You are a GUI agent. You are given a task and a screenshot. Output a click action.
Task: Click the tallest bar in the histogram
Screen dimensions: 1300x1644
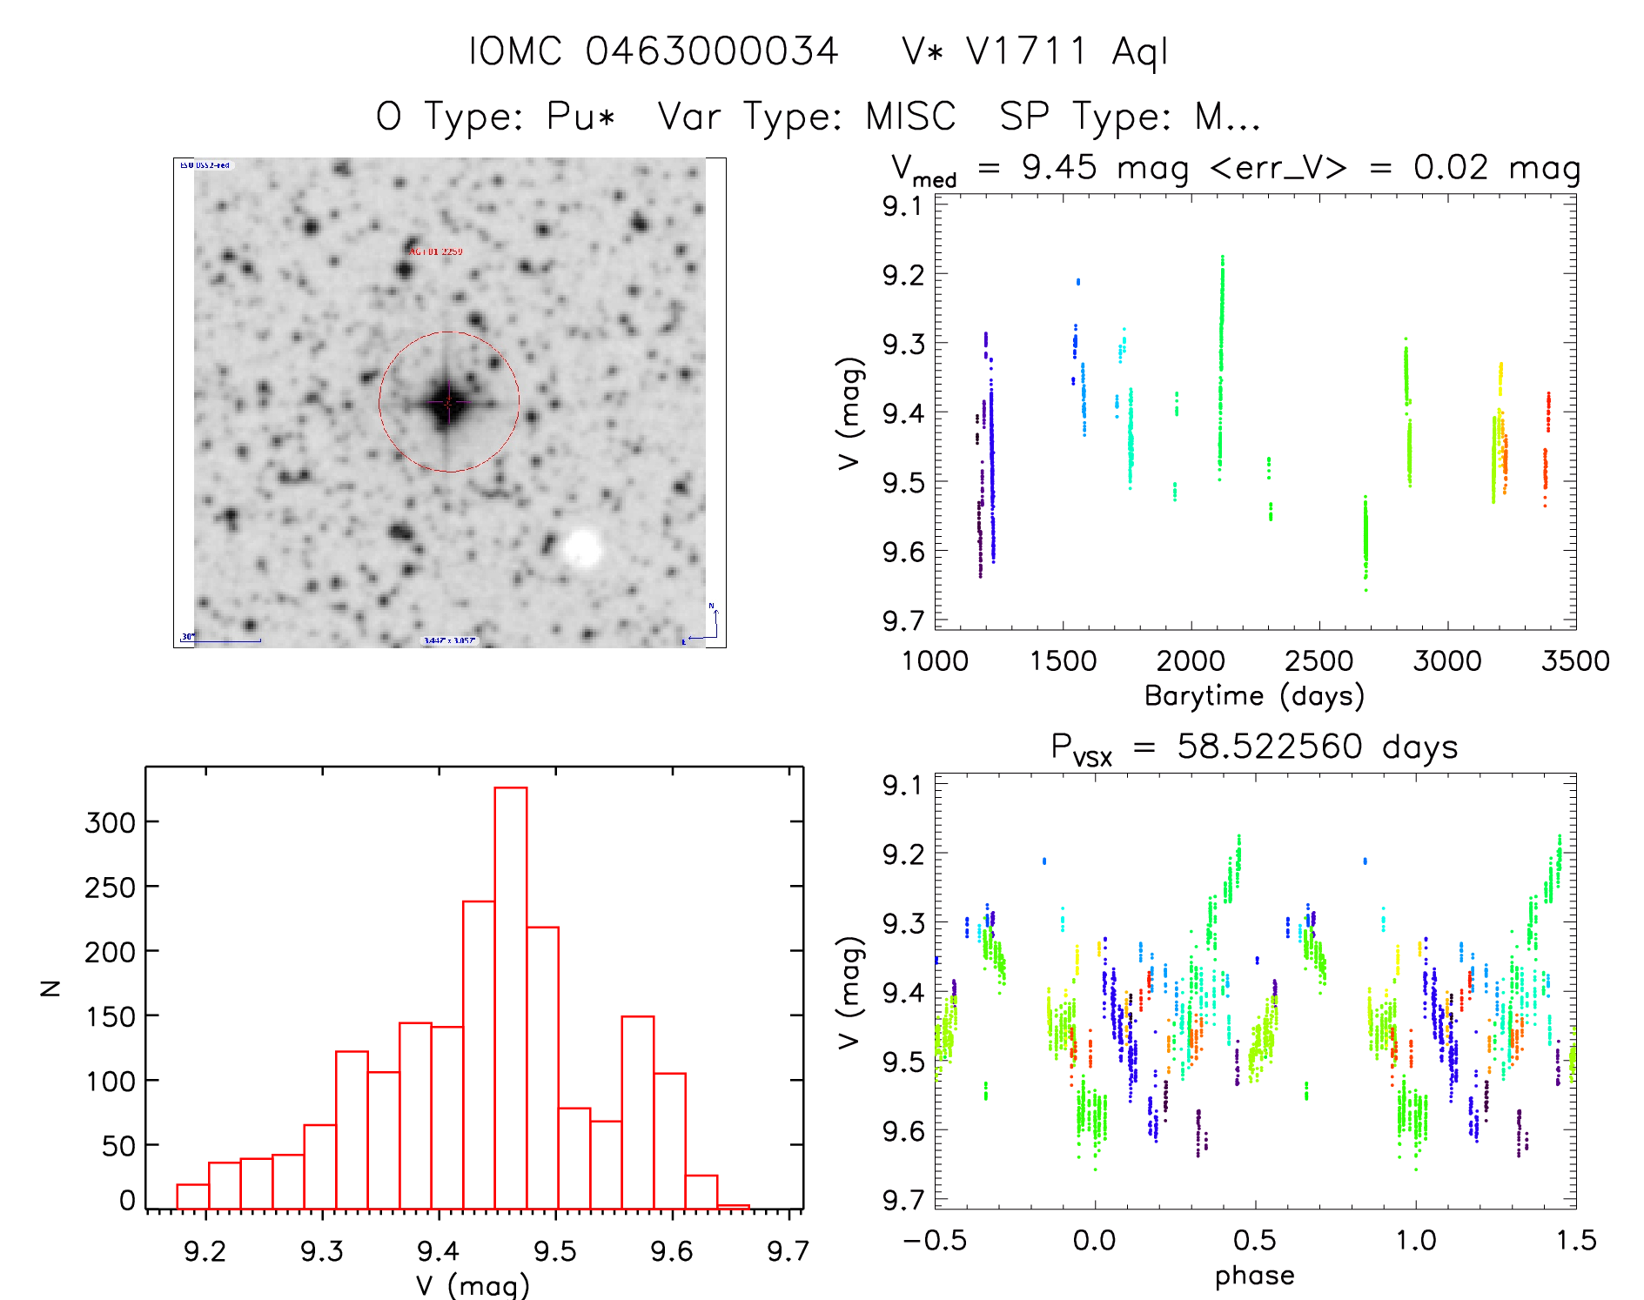tap(511, 997)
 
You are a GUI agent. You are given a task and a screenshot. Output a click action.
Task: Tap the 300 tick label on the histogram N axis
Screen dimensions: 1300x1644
tap(111, 822)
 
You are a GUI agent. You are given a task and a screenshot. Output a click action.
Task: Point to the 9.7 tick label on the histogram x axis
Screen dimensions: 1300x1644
tap(788, 1251)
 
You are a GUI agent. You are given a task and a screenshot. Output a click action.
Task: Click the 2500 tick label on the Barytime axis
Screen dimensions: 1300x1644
tap(1319, 660)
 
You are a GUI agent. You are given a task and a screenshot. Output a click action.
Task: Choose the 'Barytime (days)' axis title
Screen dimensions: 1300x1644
tap(1254, 696)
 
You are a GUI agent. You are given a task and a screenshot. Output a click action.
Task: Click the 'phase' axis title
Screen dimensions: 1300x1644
tap(1254, 1276)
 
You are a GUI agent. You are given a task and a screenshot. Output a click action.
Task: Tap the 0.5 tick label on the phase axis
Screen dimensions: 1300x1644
tap(1255, 1240)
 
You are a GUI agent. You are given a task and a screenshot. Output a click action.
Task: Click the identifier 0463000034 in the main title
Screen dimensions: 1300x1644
tap(712, 51)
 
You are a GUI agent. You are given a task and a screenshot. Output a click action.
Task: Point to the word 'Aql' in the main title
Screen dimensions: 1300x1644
tap(1140, 53)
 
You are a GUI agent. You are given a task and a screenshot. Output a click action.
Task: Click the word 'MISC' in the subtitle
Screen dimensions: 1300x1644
tap(910, 117)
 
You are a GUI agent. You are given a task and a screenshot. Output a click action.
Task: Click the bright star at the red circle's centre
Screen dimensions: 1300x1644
tap(448, 403)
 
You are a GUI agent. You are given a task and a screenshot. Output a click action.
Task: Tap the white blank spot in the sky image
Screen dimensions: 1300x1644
tap(581, 548)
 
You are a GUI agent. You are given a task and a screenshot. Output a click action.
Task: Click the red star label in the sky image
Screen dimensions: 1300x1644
tap(436, 251)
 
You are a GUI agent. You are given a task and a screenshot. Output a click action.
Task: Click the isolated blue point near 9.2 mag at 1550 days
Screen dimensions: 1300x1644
tap(1078, 281)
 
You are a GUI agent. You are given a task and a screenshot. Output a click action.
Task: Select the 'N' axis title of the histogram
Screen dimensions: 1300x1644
tap(51, 988)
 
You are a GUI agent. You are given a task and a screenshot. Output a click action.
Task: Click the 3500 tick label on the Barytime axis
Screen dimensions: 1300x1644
tap(1575, 660)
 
